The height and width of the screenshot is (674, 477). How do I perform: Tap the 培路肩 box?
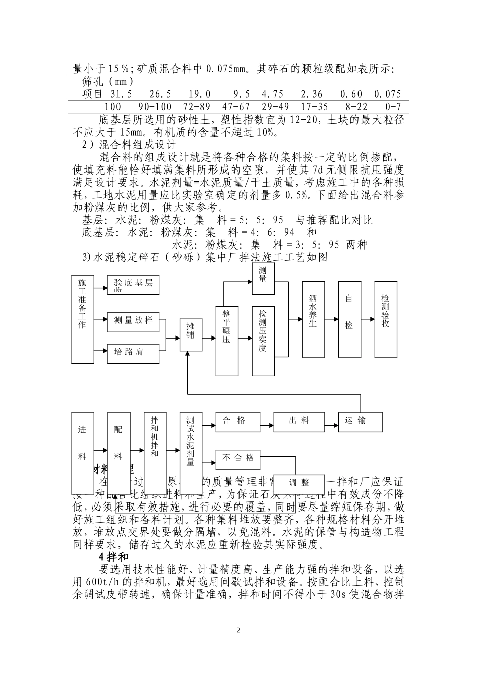tap(134, 352)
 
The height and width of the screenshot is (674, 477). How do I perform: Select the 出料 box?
tap(299, 421)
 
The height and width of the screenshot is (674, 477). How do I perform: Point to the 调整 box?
tap(299, 483)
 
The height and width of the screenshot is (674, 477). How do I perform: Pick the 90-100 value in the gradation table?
tap(155, 107)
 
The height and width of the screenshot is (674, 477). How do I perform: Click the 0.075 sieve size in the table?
tap(388, 94)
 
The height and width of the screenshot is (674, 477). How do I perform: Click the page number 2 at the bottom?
tap(238, 630)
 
